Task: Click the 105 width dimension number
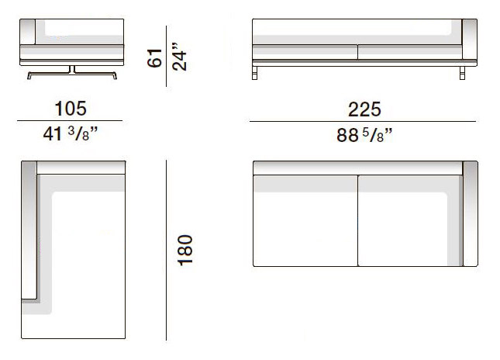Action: pyautogui.click(x=71, y=109)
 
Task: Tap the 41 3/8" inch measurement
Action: pyautogui.click(x=70, y=133)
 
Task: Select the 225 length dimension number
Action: pyautogui.click(x=364, y=109)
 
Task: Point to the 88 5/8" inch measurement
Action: pyautogui.click(x=364, y=135)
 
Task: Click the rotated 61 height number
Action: pyautogui.click(x=155, y=58)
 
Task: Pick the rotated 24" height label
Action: pyautogui.click(x=179, y=57)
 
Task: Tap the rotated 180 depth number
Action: pyautogui.click(x=185, y=251)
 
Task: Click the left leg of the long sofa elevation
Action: pyautogui.click(x=254, y=73)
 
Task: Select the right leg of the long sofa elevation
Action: pyautogui.click(x=462, y=73)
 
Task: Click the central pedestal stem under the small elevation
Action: pyautogui.click(x=72, y=69)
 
